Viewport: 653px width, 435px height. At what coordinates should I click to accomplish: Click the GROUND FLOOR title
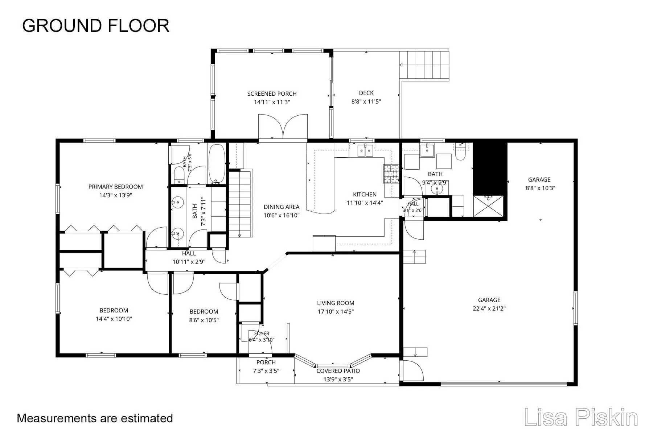pyautogui.click(x=96, y=26)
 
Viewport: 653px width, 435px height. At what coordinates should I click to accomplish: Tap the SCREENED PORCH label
pyautogui.click(x=272, y=94)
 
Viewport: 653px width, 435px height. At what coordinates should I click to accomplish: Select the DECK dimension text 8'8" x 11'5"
pyautogui.click(x=366, y=101)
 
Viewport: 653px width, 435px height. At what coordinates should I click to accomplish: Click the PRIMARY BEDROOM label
pyautogui.click(x=116, y=187)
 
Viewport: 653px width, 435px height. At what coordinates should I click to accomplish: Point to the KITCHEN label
pyautogui.click(x=365, y=194)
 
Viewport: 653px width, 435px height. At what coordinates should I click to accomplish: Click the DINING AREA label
pyautogui.click(x=282, y=207)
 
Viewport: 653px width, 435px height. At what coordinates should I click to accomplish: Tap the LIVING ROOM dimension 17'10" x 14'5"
pyautogui.click(x=336, y=311)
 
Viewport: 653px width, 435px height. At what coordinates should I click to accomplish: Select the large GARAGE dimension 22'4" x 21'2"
pyautogui.click(x=489, y=308)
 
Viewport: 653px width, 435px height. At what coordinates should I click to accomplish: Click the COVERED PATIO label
pyautogui.click(x=338, y=371)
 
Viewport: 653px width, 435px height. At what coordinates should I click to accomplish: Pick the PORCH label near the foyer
pyautogui.click(x=266, y=362)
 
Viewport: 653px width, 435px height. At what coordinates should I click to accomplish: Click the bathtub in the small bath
pyautogui.click(x=217, y=164)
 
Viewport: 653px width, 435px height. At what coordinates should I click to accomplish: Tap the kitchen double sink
pyautogui.click(x=365, y=150)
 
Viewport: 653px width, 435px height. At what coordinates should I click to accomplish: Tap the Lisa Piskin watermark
pyautogui.click(x=581, y=418)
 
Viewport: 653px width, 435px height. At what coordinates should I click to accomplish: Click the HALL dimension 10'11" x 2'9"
pyautogui.click(x=189, y=262)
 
